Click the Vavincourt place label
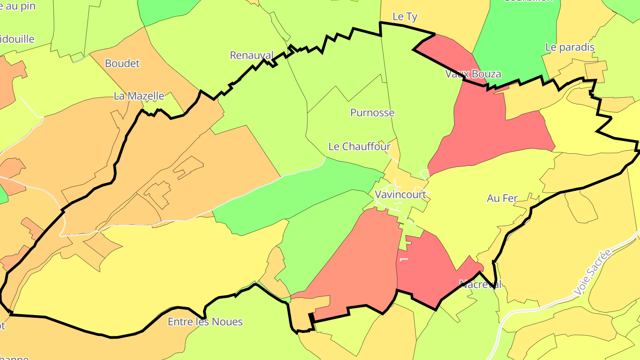point(400,194)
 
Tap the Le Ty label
point(405,17)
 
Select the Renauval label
point(252,55)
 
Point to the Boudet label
point(122,64)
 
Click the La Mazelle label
point(139,96)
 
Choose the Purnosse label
point(372,113)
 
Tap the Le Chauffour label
point(359,146)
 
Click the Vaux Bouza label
point(473,74)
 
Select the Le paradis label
point(570,47)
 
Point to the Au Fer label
point(502,199)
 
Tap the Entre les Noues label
point(205,322)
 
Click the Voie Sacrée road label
point(592,272)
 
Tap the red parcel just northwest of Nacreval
point(427,267)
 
